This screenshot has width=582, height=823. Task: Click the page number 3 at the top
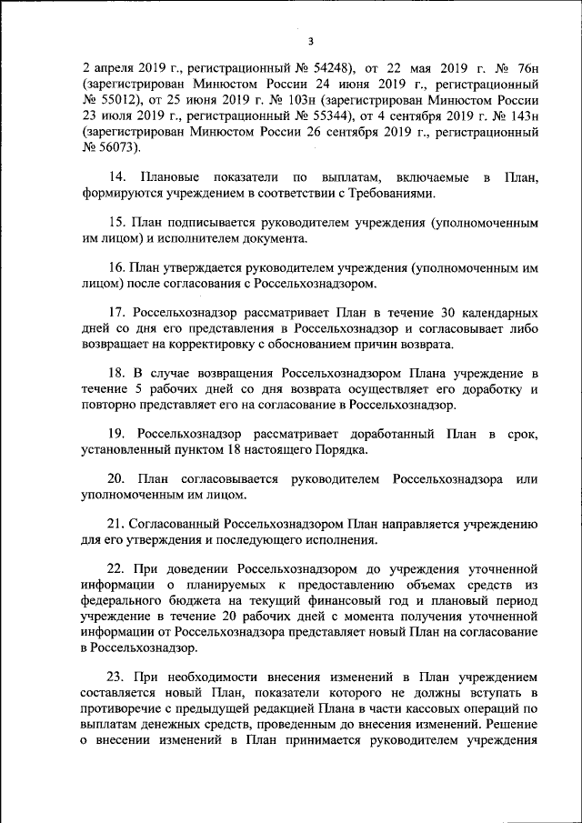[310, 41]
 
